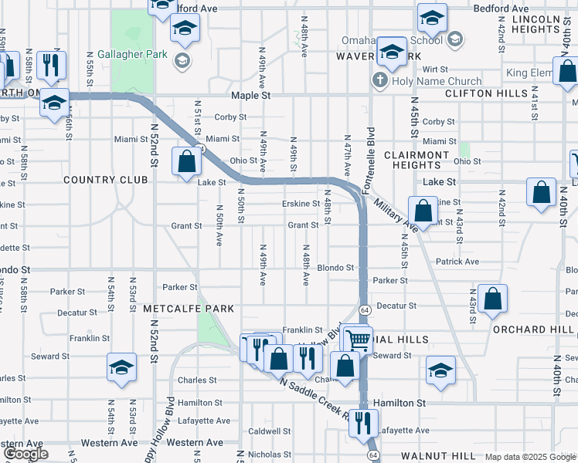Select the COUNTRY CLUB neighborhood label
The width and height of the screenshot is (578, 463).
pyautogui.click(x=105, y=180)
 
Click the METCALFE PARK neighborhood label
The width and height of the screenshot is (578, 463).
pyautogui.click(x=188, y=308)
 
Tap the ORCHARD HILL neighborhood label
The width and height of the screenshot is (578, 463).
pyautogui.click(x=533, y=329)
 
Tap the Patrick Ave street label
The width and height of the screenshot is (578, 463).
pyautogui.click(x=457, y=262)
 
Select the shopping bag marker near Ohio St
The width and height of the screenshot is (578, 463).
pyautogui.click(x=187, y=162)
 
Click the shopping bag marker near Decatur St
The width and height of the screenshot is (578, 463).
pyautogui.click(x=492, y=299)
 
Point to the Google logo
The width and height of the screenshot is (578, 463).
pyautogui.click(x=25, y=454)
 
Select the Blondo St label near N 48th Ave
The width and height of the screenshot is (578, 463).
pyautogui.click(x=335, y=268)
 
